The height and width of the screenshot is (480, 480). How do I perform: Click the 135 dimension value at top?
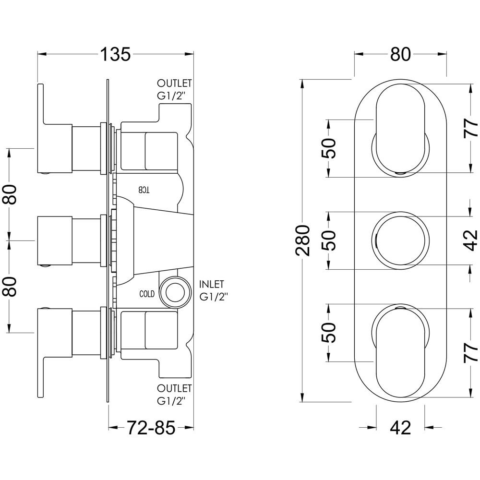(115, 54)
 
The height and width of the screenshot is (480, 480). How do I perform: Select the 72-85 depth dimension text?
(150, 427)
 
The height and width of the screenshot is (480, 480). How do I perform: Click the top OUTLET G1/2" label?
(174, 89)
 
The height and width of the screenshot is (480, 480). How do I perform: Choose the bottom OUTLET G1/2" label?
(174, 393)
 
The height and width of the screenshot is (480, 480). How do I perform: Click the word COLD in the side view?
(147, 294)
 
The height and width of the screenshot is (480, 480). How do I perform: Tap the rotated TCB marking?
(144, 189)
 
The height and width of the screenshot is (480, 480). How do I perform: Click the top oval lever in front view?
(400, 127)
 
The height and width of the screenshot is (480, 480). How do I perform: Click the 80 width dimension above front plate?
(400, 55)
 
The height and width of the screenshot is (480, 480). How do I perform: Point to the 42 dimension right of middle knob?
(472, 240)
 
